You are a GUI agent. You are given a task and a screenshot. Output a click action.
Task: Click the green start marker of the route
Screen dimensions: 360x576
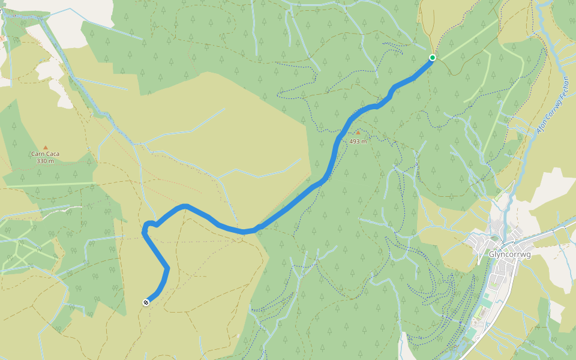click(x=432, y=58)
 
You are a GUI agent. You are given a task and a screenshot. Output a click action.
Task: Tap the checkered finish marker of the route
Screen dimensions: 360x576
click(x=146, y=302)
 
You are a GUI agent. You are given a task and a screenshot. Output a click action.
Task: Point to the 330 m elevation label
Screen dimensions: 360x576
click(x=45, y=161)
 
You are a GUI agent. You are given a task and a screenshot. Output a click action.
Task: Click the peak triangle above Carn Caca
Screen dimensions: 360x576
click(x=45, y=147)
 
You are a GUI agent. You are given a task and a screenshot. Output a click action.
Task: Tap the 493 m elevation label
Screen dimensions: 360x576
click(x=358, y=142)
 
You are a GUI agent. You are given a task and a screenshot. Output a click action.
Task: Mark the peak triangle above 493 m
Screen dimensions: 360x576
click(x=358, y=133)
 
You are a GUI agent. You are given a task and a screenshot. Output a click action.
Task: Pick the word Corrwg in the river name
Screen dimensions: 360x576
click(x=552, y=107)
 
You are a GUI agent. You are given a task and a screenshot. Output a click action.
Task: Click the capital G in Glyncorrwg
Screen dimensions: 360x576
click(x=492, y=254)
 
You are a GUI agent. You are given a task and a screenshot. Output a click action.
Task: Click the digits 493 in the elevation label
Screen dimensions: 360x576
click(x=355, y=142)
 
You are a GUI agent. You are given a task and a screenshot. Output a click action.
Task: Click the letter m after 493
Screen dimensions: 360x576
click(x=364, y=142)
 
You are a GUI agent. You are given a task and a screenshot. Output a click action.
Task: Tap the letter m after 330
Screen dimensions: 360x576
click(x=52, y=161)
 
